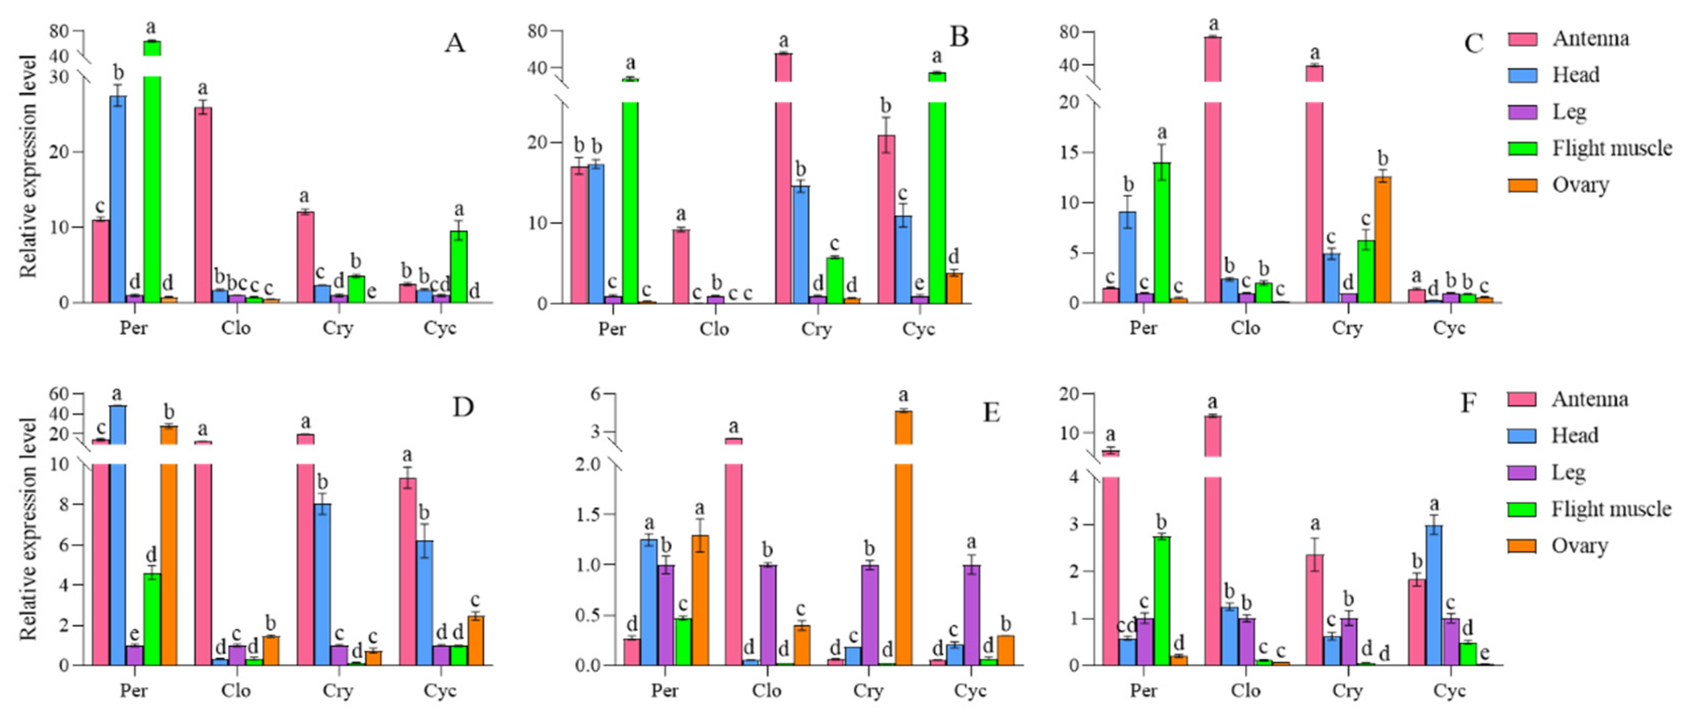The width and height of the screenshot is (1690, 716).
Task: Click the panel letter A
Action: coord(455,43)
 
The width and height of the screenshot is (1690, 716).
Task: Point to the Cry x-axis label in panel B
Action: coord(816,328)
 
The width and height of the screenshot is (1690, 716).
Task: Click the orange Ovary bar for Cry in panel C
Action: coord(1383,239)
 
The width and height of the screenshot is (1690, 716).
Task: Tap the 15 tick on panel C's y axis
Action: coord(1070,153)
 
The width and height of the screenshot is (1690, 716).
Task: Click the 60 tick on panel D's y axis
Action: coord(59,394)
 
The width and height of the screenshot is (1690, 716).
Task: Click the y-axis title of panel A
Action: coord(28,167)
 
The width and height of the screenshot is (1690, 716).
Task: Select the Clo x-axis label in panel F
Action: coord(1245,691)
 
